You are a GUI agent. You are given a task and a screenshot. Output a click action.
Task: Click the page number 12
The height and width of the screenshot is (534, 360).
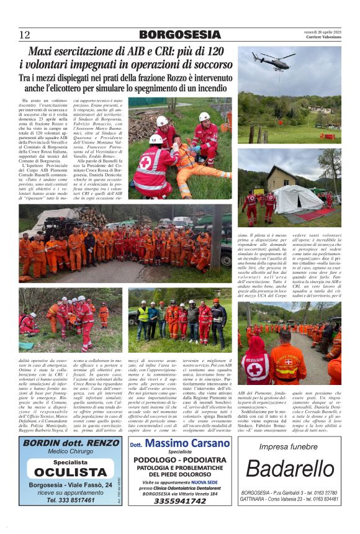click(24, 35)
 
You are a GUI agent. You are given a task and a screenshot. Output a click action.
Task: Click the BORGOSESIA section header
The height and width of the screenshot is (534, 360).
click(179, 35)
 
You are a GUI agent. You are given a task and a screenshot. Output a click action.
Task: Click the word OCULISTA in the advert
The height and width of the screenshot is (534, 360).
click(70, 472)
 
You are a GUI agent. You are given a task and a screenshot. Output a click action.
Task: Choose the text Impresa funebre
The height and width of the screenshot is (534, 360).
click(289, 446)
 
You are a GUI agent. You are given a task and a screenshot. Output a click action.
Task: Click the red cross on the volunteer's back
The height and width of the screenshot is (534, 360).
click(255, 370)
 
